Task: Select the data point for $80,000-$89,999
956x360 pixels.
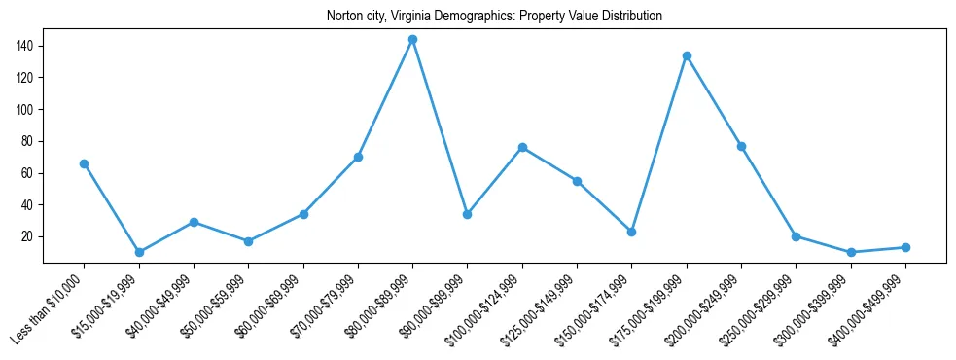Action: pos(413,40)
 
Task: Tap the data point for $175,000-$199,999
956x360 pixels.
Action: pos(687,55)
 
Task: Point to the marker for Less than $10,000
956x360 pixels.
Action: pos(85,163)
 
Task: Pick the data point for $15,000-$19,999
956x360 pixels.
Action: pos(139,252)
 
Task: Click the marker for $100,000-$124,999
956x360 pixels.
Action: pos(523,147)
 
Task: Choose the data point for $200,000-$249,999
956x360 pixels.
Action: pos(742,146)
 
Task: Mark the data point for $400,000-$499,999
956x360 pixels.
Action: pos(905,247)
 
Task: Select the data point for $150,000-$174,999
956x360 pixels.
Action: pos(632,232)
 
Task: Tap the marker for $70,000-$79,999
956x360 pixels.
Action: pos(358,157)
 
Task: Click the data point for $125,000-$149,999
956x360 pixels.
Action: pos(578,181)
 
